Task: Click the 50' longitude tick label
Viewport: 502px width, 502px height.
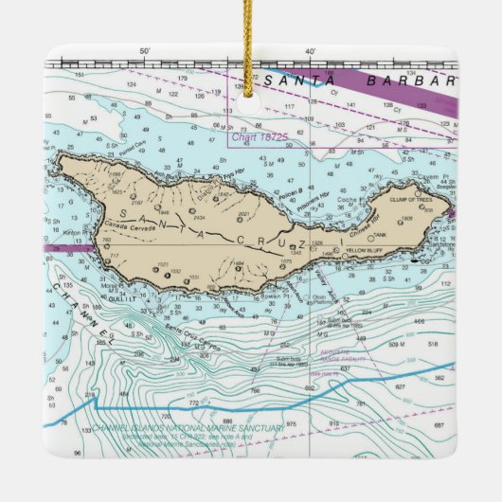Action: pos(144,51)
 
